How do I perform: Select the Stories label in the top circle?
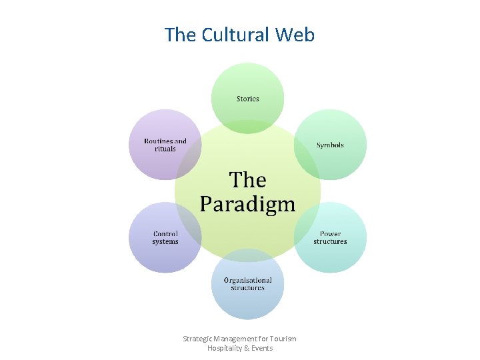[247, 99]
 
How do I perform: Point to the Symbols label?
[330, 145]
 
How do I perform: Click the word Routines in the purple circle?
[158, 141]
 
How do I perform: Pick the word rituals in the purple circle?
[165, 149]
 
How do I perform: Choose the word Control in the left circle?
[165, 234]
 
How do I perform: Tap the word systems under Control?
[165, 241]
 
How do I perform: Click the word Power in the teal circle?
[330, 234]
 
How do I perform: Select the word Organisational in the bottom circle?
[247, 281]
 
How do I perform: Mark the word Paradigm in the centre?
[247, 203]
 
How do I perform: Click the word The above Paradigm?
[247, 180]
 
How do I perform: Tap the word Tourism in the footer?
[283, 339]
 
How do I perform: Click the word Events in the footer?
[262, 348]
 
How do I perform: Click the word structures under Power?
[330, 241]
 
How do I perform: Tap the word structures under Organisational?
[247, 288]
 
